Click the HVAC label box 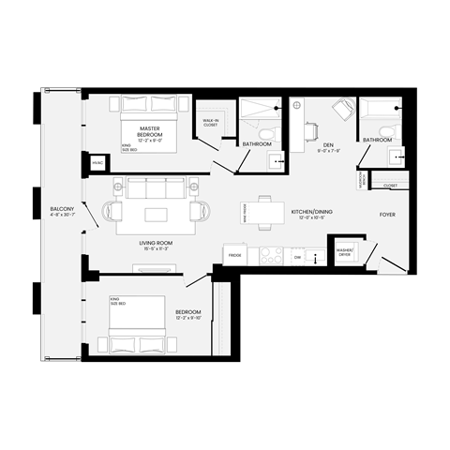point(97,164)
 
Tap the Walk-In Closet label point(210,122)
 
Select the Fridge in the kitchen point(233,255)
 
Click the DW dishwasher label point(297,256)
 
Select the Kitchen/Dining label point(311,214)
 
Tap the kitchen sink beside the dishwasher point(318,256)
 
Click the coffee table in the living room point(155,216)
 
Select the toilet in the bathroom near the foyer point(396,157)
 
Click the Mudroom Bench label point(363,179)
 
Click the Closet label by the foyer point(391,186)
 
